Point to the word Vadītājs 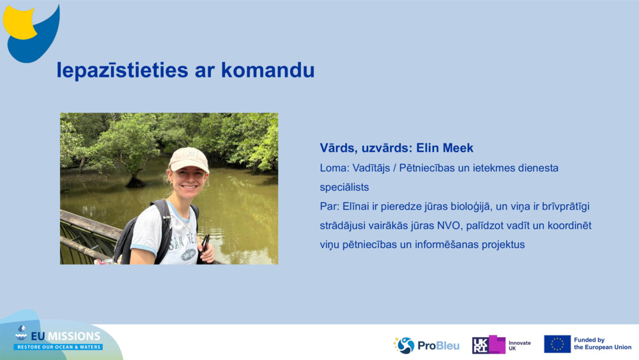tap(369, 168)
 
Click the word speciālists tap(344, 187)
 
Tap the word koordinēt tap(565, 226)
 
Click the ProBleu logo tap(426, 345)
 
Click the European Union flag tap(557, 344)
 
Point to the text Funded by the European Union tap(602, 344)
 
